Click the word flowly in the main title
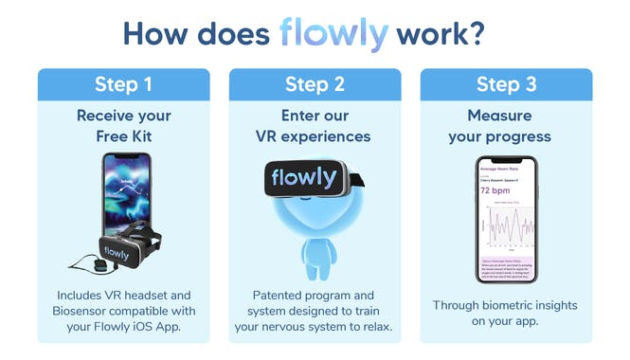coord(333,33)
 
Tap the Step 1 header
coord(123,84)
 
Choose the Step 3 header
coord(507,84)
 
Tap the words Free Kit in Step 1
coord(123,136)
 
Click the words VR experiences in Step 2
coord(313,136)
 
